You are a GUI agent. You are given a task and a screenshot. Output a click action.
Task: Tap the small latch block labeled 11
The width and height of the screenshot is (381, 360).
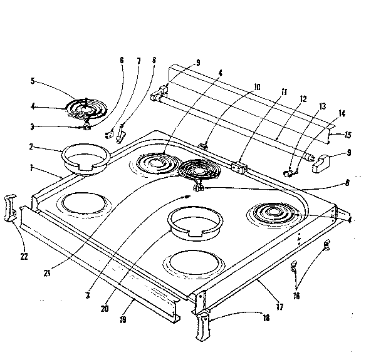click(x=238, y=167)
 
